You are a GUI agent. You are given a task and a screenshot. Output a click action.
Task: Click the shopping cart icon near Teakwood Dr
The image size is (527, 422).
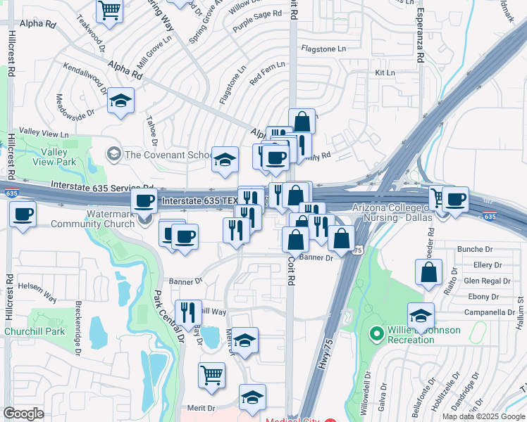(110, 10)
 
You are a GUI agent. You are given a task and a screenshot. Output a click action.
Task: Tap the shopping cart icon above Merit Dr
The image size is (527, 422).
(211, 375)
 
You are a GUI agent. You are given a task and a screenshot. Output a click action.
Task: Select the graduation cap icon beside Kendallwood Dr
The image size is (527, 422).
(121, 100)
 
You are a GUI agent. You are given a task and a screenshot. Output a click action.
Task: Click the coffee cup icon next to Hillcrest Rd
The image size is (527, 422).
(23, 213)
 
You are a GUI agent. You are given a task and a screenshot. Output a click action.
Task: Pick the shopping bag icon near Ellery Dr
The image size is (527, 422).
(428, 271)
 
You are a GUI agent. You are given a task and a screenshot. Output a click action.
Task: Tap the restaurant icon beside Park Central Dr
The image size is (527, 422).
(188, 312)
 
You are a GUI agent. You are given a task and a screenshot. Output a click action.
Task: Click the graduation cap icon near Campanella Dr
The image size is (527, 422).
(421, 315)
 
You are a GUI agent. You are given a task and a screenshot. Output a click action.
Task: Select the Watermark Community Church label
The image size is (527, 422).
(110, 219)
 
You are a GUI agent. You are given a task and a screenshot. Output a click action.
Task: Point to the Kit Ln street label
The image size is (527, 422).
(385, 73)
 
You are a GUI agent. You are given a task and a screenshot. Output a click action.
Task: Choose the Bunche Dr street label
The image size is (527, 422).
(474, 249)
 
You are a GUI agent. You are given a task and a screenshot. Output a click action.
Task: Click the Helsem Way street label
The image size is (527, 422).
(37, 292)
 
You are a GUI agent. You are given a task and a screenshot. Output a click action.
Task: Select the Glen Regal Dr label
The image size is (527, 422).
(483, 281)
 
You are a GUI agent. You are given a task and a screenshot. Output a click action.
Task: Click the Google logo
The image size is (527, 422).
(23, 414)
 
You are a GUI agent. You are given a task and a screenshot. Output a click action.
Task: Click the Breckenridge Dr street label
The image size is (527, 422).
(77, 323)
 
